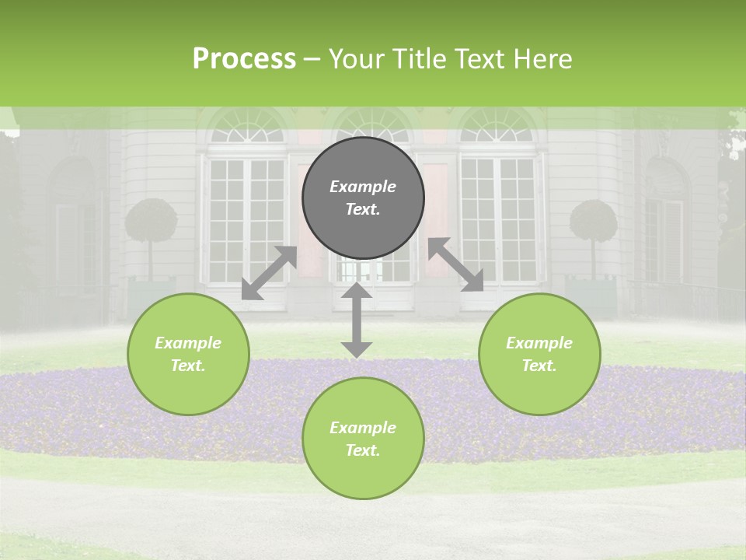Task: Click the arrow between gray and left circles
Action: click(269, 273)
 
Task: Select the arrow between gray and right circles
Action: click(456, 264)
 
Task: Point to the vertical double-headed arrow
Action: click(357, 320)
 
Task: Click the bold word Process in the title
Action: click(244, 58)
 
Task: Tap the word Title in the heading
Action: click(419, 58)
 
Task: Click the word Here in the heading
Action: click(542, 58)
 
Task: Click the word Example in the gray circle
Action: click(363, 187)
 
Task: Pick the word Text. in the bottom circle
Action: click(363, 450)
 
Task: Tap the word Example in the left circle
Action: click(188, 343)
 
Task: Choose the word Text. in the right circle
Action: click(539, 366)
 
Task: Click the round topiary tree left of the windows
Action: click(151, 221)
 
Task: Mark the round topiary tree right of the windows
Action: click(594, 222)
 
